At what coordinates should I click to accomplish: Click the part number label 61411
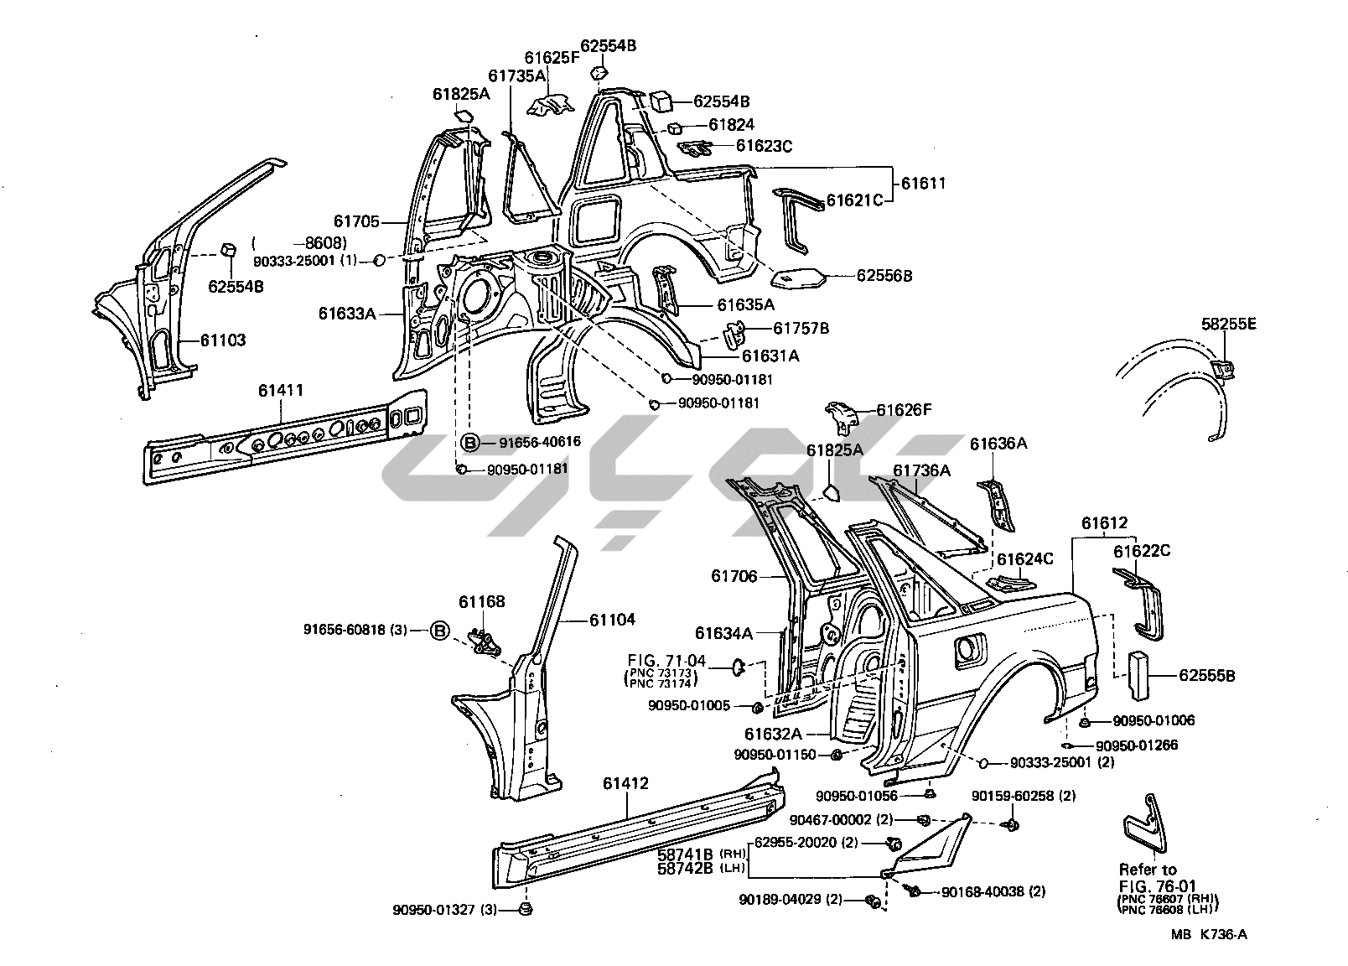click(280, 390)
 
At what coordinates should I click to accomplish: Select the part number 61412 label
click(625, 784)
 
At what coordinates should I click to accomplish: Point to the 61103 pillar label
click(223, 340)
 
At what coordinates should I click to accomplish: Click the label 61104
click(612, 620)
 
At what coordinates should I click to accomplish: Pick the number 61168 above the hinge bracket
click(482, 601)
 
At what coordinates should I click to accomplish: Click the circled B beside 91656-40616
click(469, 442)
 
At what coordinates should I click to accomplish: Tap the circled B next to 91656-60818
click(440, 631)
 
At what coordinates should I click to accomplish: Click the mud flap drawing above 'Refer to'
click(1142, 822)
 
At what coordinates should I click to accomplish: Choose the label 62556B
click(884, 274)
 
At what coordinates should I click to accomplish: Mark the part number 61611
click(923, 183)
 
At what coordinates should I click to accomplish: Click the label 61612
click(1104, 523)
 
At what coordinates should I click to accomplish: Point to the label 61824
click(731, 124)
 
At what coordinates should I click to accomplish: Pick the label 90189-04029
click(778, 900)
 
